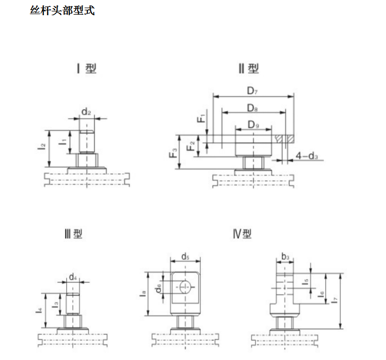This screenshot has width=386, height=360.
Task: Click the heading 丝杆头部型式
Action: [x=62, y=11]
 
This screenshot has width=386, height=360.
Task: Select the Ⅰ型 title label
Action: [x=86, y=68]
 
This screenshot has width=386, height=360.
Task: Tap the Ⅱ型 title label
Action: [x=249, y=68]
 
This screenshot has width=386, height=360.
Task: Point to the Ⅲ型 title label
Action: [x=73, y=233]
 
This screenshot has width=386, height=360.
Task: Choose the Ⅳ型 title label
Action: [x=242, y=233]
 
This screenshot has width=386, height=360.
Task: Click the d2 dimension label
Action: [x=86, y=112]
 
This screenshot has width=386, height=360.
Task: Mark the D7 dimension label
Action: [x=252, y=91]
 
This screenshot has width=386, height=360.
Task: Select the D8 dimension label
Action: [x=252, y=108]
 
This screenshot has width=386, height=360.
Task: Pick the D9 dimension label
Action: [x=254, y=125]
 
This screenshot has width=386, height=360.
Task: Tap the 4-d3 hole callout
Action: [x=307, y=156]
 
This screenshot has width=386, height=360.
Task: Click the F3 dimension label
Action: [x=173, y=153]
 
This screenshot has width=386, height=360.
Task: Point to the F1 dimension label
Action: [x=201, y=118]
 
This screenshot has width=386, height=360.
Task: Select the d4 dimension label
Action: [x=73, y=277]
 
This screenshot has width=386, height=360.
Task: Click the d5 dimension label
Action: [x=185, y=257]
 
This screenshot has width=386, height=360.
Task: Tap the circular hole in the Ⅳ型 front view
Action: [x=185, y=287]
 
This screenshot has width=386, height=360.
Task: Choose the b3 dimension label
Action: [x=285, y=257]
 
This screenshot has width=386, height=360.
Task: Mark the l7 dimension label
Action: [x=334, y=300]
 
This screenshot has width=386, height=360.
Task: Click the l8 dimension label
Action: [x=143, y=294]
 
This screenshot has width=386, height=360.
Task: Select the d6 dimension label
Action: [x=159, y=288]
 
